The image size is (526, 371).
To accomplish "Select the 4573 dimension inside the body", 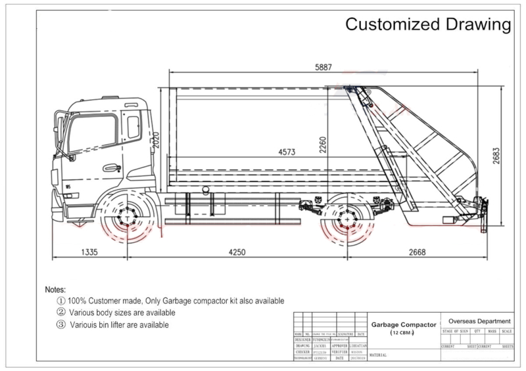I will point(286,152).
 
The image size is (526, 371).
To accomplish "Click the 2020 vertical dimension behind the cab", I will point(157,140).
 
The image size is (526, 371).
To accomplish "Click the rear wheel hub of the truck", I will point(343,222).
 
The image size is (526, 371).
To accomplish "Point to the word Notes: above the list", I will point(60,289).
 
